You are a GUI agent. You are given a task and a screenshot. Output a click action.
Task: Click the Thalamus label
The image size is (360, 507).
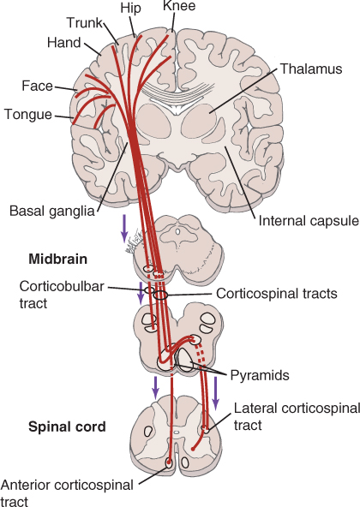[x=311, y=69]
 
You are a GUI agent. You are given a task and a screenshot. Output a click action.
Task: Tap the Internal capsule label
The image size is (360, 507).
[x=309, y=221]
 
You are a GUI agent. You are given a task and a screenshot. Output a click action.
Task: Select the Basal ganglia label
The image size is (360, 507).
[x=51, y=212]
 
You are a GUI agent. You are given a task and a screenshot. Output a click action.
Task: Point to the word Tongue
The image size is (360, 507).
[x=28, y=115]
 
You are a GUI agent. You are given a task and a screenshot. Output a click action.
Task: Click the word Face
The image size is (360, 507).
[x=37, y=86]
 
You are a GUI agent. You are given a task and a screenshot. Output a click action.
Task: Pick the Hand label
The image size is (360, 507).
[x=63, y=42]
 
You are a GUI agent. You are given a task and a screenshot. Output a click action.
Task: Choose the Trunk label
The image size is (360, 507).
[x=85, y=23]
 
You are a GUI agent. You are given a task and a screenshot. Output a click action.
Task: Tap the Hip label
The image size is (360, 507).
[x=131, y=9]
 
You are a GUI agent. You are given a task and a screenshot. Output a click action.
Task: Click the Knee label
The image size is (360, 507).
[x=179, y=6]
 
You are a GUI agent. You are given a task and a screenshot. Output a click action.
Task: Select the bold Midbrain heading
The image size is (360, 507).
[x=58, y=259]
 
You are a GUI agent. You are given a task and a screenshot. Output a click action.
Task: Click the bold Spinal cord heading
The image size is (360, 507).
[x=67, y=426]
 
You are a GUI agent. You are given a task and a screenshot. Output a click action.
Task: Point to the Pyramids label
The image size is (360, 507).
[x=260, y=376]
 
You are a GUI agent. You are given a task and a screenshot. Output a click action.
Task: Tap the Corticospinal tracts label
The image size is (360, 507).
[x=277, y=294]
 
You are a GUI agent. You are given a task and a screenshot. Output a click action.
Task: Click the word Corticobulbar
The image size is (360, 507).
[x=62, y=287]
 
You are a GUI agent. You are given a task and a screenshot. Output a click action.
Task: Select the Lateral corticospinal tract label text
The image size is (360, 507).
[x=297, y=416]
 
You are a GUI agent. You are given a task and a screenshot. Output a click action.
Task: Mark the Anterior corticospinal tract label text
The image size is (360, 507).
[x=67, y=493]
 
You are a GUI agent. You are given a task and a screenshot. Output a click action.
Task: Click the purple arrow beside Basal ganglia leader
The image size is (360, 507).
[x=124, y=228]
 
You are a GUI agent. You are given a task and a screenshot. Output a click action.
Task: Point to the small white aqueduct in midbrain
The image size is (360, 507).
[x=177, y=232]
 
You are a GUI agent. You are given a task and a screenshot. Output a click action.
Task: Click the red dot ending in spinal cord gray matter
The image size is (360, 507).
[x=193, y=449]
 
